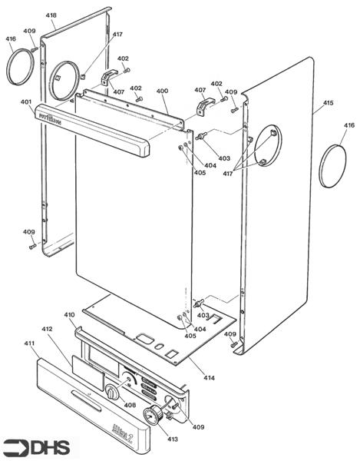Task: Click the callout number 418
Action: [x=51, y=15]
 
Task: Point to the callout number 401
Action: [x=26, y=102]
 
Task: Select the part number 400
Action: [x=162, y=91]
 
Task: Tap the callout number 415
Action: [x=328, y=102]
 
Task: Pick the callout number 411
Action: [x=30, y=343]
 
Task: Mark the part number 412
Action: [x=47, y=329]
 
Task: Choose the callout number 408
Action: [x=130, y=404]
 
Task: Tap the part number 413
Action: [x=172, y=439]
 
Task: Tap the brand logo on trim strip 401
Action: [x=54, y=119]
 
